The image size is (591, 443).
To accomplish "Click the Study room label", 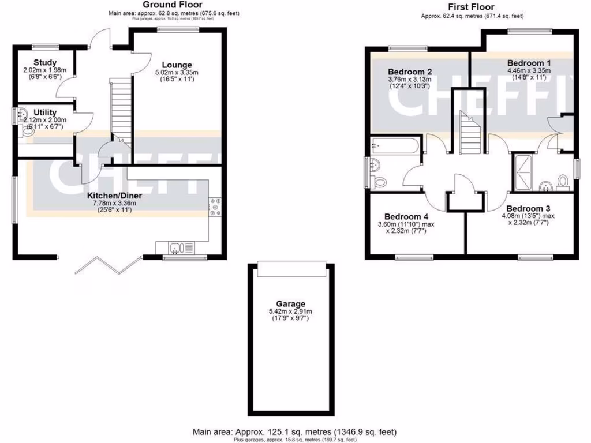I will pos(44,62).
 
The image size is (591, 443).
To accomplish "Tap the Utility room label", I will pos(45,112).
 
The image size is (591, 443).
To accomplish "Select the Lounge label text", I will pos(177,65).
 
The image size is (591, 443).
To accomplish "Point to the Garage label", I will pos(290,304).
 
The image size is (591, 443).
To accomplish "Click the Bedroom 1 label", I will pos(525,63).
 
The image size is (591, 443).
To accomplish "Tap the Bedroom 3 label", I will pos(525,208).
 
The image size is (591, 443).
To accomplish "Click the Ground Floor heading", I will pos(172,5).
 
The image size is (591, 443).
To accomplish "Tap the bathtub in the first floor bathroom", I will pos(395,145).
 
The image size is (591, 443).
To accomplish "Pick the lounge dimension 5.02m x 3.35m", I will pos(177,73).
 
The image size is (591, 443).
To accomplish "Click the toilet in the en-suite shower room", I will pos(564,183).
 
